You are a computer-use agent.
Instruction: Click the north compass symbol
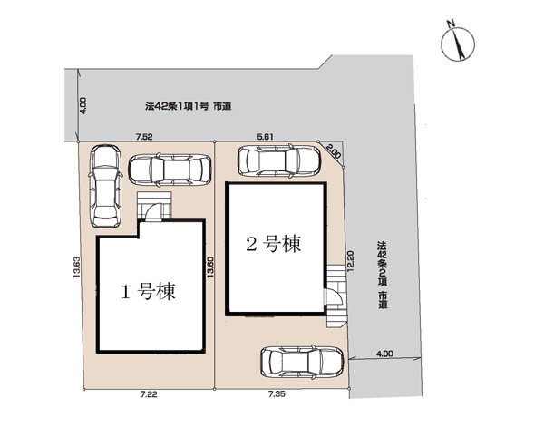pos(458,44)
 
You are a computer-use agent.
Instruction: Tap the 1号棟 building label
pos(148,291)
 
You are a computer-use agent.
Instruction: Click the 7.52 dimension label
pos(143,137)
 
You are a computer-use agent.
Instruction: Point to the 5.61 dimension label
pos(265,137)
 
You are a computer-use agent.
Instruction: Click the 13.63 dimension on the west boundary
pos(77,267)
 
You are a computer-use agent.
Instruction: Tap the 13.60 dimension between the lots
pos(209,267)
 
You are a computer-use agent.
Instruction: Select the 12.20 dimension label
pos(350,261)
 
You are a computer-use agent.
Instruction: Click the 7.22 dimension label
pos(149,394)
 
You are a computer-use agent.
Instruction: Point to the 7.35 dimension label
pos(277,394)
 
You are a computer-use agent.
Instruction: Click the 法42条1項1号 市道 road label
pos(188,106)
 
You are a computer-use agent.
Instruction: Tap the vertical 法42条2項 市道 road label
pos(383,275)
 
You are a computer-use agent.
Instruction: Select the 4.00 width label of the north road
pos(83,105)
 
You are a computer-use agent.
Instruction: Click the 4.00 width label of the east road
pos(384,354)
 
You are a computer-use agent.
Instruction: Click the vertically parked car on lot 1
pos(105,186)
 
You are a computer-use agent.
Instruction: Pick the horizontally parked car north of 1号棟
pos(170,170)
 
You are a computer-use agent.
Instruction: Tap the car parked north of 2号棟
pos(279,160)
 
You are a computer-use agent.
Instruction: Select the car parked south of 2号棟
pos(302,363)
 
